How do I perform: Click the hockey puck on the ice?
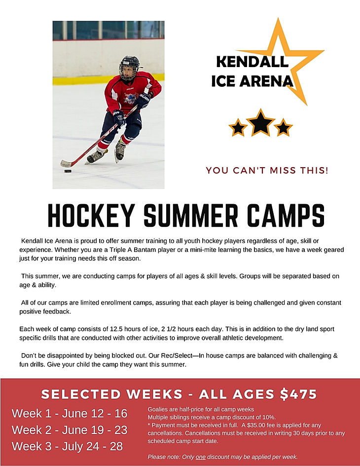coord(68,171)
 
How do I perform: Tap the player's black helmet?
coord(129,64)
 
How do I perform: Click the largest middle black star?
coord(261,123)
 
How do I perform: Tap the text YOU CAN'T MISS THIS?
coord(267,171)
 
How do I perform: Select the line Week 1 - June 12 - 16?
coord(70,413)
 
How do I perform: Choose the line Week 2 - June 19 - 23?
coord(70,430)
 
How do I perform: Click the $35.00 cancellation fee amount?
coord(261,425)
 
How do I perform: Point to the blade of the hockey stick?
coord(66,163)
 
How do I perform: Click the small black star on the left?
coord(238,128)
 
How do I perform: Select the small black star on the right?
coord(283,128)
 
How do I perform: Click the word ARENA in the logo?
coord(267,80)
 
